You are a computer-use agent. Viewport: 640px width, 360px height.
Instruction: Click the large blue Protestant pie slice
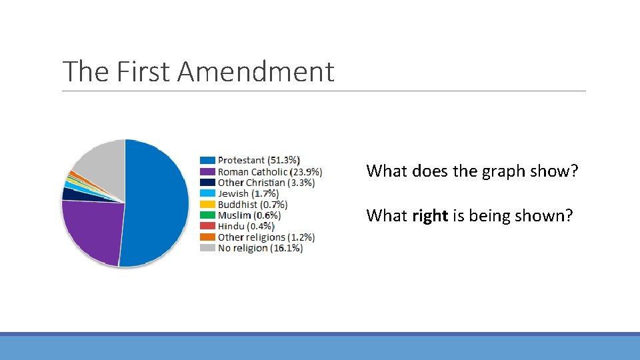pyautogui.click(x=157, y=200)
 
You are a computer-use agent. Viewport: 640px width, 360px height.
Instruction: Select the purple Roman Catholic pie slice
pyautogui.click(x=90, y=230)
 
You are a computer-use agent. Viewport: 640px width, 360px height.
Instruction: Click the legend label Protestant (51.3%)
pyautogui.click(x=259, y=160)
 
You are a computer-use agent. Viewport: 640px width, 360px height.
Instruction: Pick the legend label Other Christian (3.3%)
pyautogui.click(x=266, y=182)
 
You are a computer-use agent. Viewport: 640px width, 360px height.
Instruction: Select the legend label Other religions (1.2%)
pyautogui.click(x=266, y=237)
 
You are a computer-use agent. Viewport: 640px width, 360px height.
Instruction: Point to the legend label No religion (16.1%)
pyautogui.click(x=260, y=248)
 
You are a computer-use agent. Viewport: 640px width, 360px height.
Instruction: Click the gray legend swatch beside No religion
pyautogui.click(x=207, y=248)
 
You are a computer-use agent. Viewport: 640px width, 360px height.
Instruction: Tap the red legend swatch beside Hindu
pyautogui.click(x=207, y=226)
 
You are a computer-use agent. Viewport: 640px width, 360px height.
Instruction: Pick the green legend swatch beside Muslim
pyautogui.click(x=207, y=215)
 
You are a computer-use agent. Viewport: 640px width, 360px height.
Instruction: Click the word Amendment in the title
pyautogui.click(x=255, y=71)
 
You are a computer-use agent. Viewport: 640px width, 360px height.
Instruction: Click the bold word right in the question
pyautogui.click(x=429, y=216)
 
